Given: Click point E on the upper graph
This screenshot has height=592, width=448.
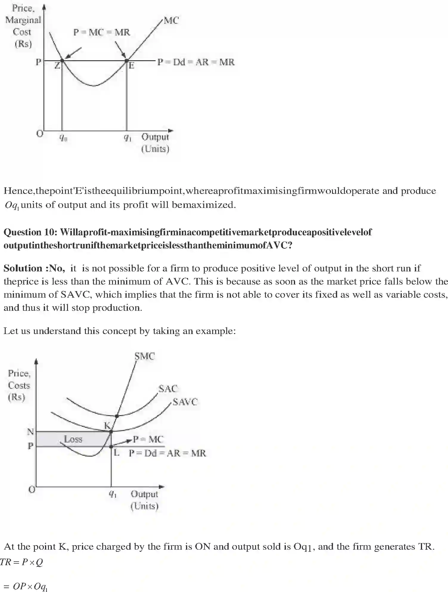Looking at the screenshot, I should coord(126,61).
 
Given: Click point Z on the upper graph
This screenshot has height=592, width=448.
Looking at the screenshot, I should coord(62,61).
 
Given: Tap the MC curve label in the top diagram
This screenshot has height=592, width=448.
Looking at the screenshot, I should coord(171,21).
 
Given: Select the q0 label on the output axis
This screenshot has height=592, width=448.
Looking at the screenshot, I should coord(63,137).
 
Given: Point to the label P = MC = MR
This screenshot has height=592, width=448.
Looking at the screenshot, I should coord(102,32).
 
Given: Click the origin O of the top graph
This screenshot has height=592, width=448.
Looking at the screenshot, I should coord(40,134).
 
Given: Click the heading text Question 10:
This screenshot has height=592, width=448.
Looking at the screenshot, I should coord(31,232).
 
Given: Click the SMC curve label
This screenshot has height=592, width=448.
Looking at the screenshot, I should coord(145,356).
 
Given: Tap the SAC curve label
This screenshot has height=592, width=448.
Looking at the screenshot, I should coord(168,389).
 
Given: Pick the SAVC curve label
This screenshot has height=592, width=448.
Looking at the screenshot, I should coord(185,402).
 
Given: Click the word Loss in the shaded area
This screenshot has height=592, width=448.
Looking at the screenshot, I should coord(73,439).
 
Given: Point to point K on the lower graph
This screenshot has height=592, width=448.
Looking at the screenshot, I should coord(111,431).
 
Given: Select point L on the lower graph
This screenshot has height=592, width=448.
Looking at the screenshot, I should coord(111,446).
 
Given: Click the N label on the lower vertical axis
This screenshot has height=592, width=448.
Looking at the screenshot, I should coord(30,432).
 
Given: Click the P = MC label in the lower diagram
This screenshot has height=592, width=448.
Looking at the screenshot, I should coord(148,439).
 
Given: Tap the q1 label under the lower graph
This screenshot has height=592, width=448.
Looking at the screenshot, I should coord(113,494).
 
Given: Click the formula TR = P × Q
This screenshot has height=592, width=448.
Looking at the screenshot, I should coord(21,562).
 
